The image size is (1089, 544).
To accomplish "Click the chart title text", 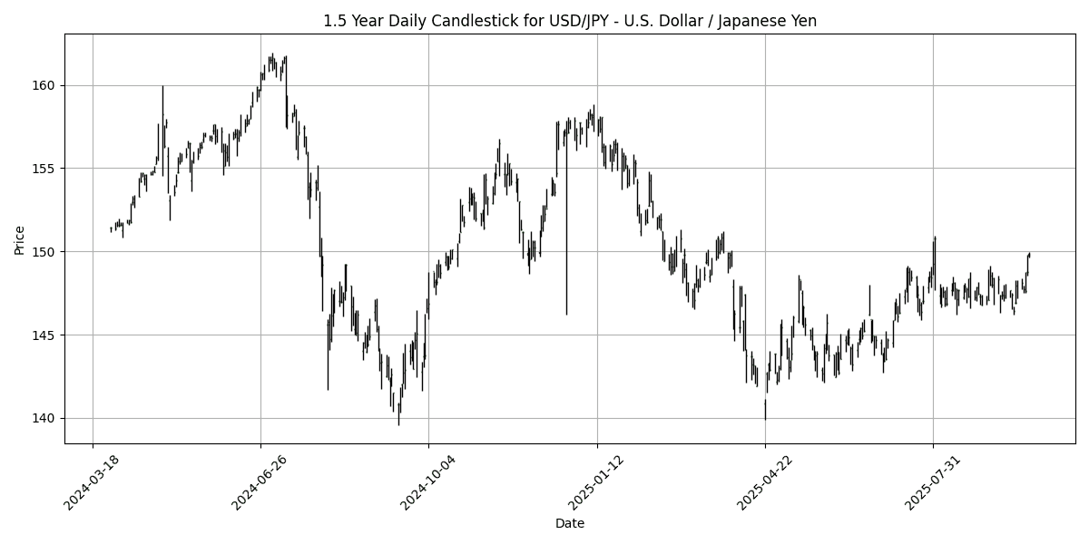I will point(570,21).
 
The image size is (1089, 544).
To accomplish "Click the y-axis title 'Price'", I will point(20,239).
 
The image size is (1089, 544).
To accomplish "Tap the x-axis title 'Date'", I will point(570,523).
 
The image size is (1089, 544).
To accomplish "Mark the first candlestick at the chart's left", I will point(111,229).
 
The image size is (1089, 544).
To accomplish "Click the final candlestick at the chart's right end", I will point(1029,255).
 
